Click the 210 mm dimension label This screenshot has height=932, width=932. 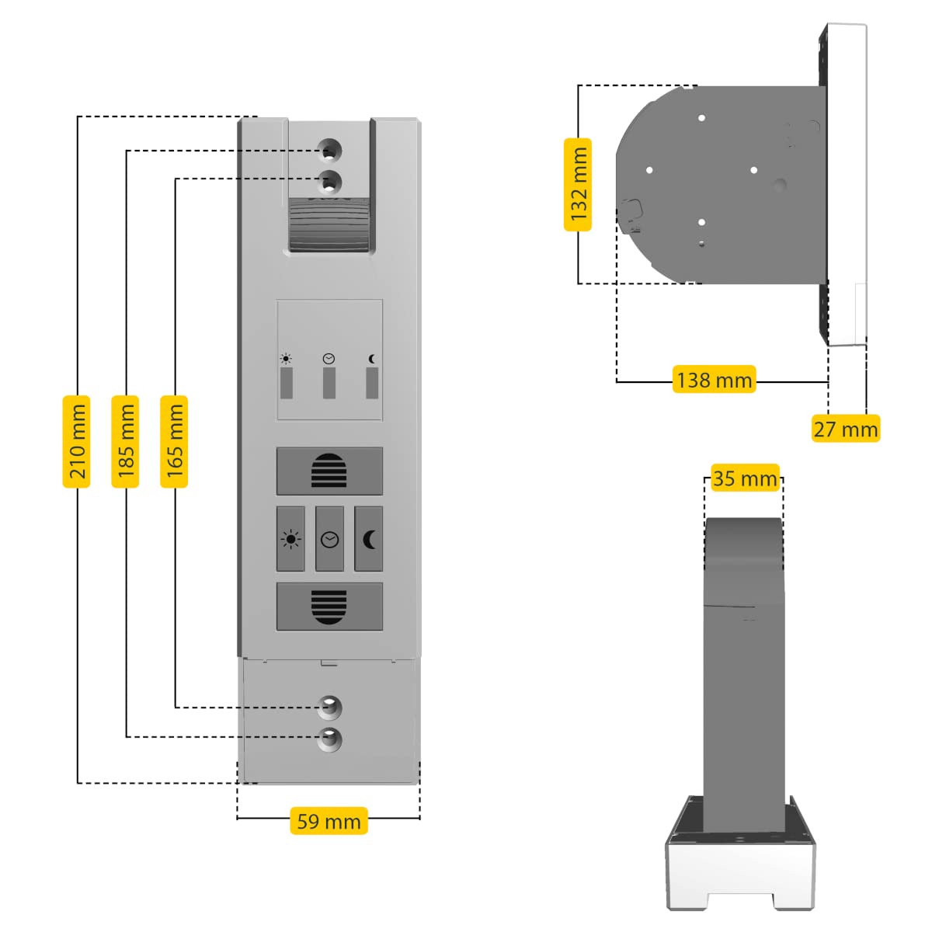coord(77,441)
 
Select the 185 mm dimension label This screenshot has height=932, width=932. coord(126,441)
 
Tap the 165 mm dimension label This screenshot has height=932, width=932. coord(175,441)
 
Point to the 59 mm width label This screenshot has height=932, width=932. coord(329,821)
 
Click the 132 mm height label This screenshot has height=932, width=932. coord(578,185)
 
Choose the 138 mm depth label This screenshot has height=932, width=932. coord(714,380)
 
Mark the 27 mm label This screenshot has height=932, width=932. coord(845,429)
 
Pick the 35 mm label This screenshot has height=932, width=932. coord(744,478)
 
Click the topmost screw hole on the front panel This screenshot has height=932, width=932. coord(330,148)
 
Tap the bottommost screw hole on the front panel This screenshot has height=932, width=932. coord(329,739)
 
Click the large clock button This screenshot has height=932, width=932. coord(329,539)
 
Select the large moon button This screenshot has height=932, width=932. coord(369,539)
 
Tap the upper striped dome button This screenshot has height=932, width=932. coord(329,471)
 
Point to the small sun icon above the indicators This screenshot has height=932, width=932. coord(287,359)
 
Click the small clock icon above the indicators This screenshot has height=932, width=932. coord(329,359)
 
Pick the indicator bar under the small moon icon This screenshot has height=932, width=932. coord(372,383)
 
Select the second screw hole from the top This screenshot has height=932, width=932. coord(330,183)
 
